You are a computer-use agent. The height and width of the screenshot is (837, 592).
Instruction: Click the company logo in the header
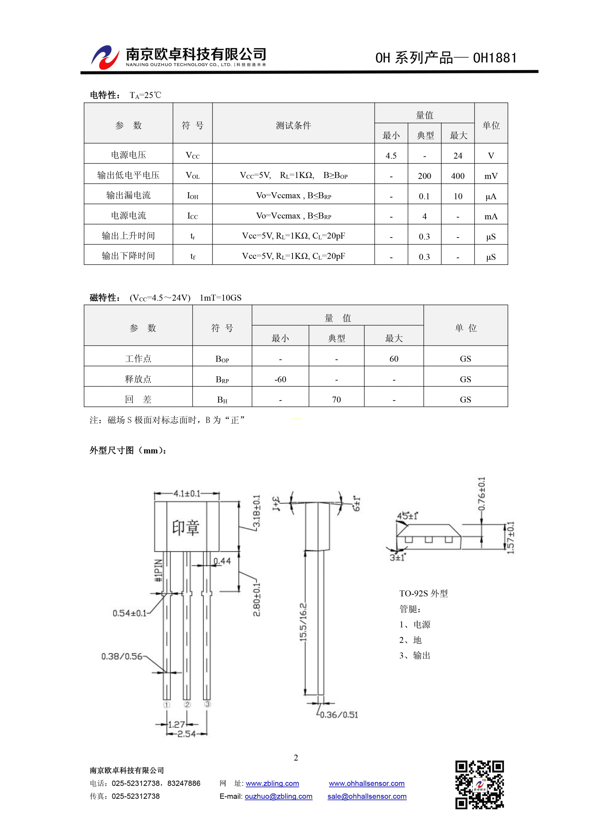105,57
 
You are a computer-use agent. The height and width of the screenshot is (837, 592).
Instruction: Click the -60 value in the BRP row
280,379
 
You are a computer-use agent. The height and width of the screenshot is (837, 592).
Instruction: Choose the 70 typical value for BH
336,400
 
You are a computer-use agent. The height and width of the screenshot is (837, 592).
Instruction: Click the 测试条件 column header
293,125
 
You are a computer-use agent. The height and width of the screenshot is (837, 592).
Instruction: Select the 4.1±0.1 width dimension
187,494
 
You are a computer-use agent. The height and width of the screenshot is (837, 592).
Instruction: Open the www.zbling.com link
272,783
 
